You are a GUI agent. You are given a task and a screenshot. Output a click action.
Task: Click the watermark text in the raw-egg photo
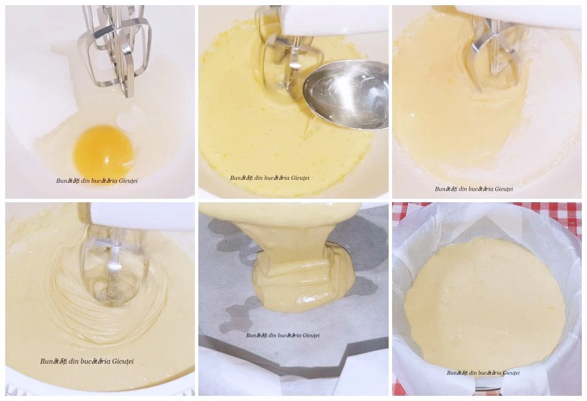pos(97,180)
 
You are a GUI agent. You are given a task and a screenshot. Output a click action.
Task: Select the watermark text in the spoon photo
pos(269,178)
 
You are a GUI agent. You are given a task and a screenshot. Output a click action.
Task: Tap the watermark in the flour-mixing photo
pos(473,189)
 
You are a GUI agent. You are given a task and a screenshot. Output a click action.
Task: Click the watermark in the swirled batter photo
pos(87,361)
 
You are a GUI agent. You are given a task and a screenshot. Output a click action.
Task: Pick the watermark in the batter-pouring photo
pos(283,336)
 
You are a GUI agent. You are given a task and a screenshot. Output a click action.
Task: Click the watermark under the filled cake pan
pos(483,372)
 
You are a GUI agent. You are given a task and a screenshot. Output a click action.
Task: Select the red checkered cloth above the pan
pos(487,210)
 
